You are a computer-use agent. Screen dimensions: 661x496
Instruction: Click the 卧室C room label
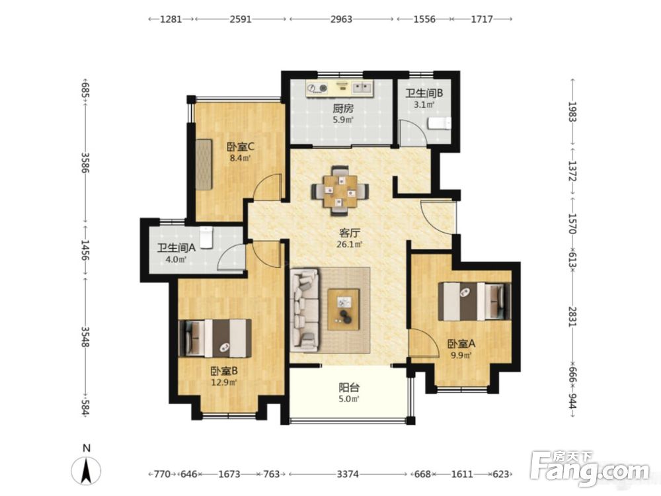pyautogui.click(x=241, y=147)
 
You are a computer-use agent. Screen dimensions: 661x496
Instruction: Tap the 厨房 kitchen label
pyautogui.click(x=342, y=108)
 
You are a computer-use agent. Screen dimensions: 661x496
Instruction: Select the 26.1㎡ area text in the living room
pyautogui.click(x=350, y=244)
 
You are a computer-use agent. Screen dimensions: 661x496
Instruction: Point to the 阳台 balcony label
pyautogui.click(x=350, y=387)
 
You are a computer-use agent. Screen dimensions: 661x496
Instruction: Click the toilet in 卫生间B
pyautogui.click(x=440, y=123)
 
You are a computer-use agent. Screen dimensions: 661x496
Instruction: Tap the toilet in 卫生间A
pyautogui.click(x=206, y=237)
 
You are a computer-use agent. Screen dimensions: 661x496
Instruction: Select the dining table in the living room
pyautogui.click(x=340, y=190)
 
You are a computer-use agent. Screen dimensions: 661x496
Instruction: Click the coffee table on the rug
pyautogui.click(x=344, y=309)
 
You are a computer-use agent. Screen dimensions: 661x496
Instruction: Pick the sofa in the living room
pyautogui.click(x=305, y=310)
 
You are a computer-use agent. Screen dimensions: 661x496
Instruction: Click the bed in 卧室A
pyautogui.click(x=474, y=302)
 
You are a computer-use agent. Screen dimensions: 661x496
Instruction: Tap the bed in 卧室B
pyautogui.click(x=215, y=338)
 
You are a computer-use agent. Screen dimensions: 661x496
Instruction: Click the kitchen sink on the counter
pyautogui.click(x=362, y=88)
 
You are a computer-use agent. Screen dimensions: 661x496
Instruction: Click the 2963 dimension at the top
pyautogui.click(x=341, y=19)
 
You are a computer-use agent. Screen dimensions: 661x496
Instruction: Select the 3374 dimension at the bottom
pyautogui.click(x=348, y=474)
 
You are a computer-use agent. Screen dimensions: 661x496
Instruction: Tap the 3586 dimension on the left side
pyautogui.click(x=85, y=163)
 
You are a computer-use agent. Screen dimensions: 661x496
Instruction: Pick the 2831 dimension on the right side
pyautogui.click(x=572, y=316)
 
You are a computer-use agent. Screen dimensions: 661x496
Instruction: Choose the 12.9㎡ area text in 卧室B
pyautogui.click(x=224, y=382)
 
